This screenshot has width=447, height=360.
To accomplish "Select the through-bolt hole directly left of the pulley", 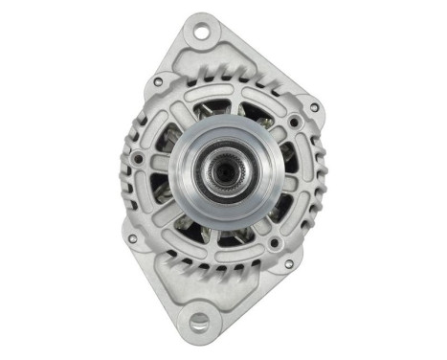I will pos(141,159).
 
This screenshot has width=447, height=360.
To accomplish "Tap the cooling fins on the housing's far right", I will pos(316,177).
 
